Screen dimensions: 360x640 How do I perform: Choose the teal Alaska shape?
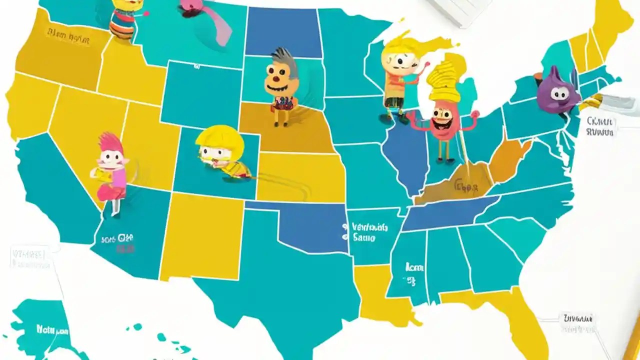[x=40, y=325]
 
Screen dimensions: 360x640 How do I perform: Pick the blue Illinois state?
[x=402, y=155]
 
